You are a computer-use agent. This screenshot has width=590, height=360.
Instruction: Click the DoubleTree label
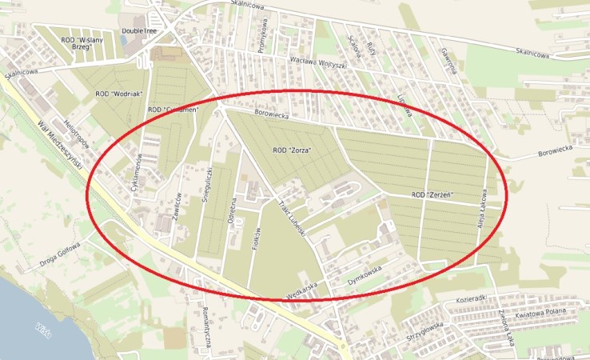(138, 31)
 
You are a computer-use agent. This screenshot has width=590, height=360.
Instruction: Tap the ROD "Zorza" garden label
(292, 150)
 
